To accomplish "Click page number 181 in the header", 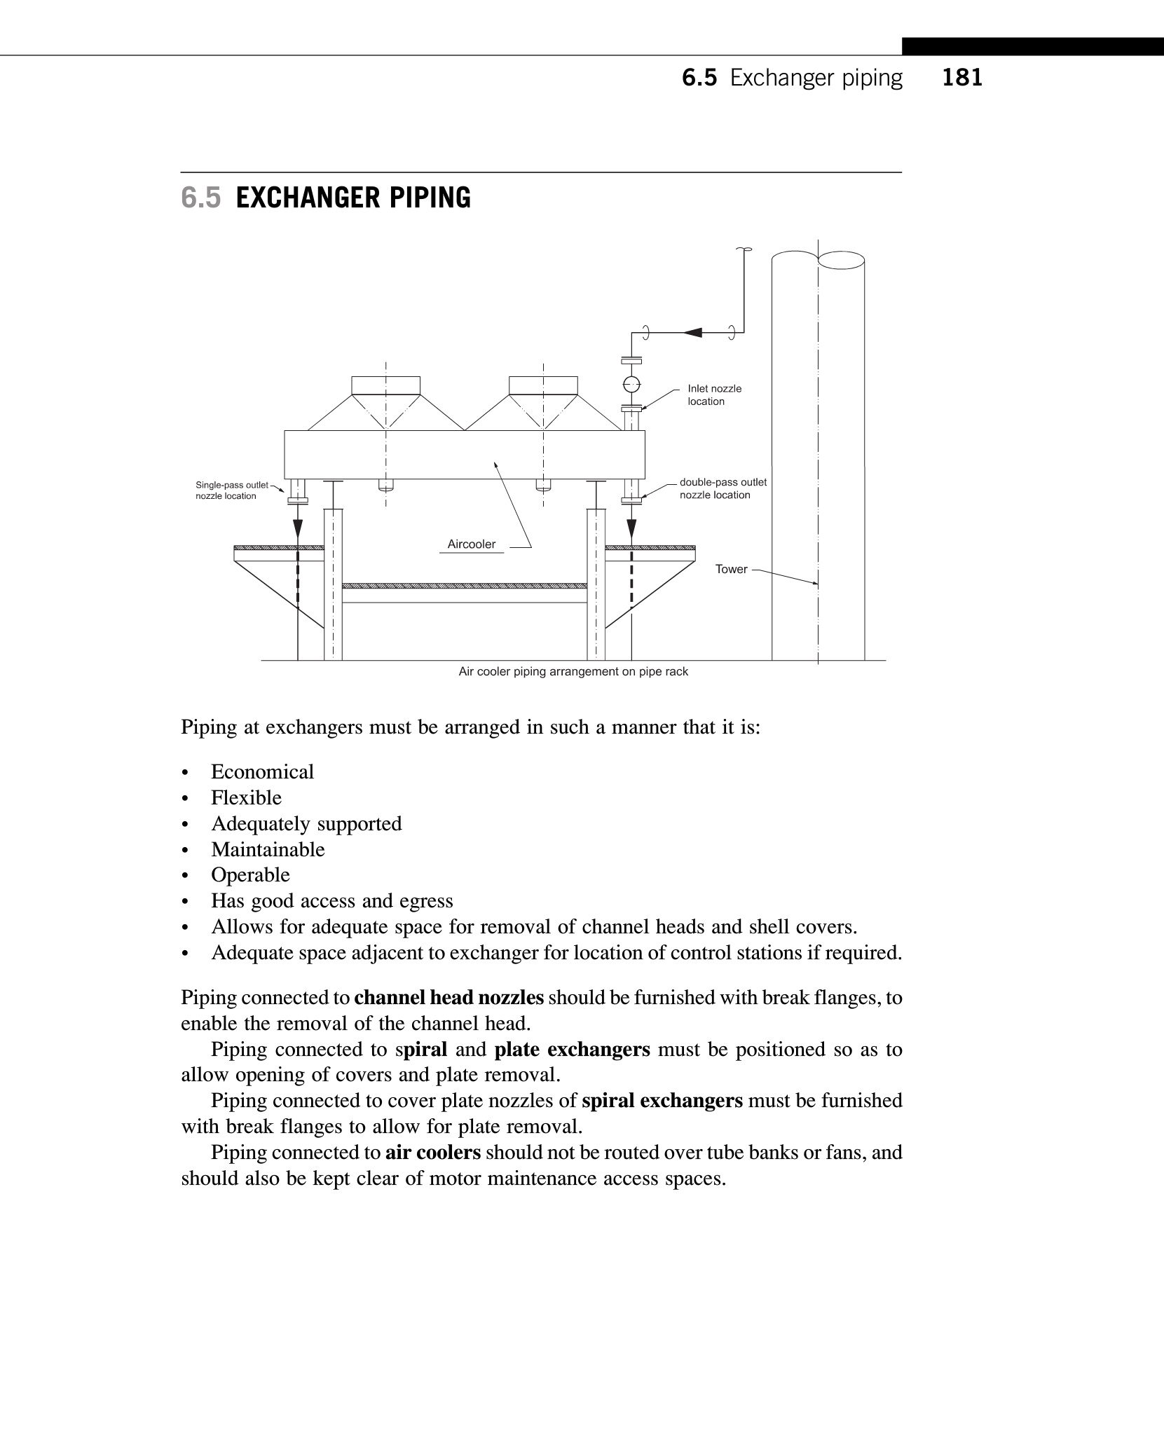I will [962, 78].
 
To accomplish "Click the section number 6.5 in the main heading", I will [200, 198].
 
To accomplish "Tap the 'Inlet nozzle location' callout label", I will [714, 395].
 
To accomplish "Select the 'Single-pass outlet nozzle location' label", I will [231, 490].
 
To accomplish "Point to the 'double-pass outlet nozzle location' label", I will [723, 488].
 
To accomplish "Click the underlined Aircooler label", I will [472, 544].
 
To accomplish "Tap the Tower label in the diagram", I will [731, 569].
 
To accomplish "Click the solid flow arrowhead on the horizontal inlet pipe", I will [692, 332].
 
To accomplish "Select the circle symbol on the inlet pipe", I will [631, 383].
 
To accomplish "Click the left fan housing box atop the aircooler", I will [385, 385].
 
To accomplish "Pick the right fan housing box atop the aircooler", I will [543, 385].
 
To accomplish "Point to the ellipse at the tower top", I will [841, 261].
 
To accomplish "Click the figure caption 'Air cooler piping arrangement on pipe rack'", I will [573, 672].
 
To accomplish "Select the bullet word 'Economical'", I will [262, 772].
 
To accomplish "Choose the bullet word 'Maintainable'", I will [268, 850].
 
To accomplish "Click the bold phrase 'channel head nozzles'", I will [449, 998].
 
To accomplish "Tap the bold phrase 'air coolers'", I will [433, 1153].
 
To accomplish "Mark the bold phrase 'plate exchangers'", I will [572, 1050].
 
